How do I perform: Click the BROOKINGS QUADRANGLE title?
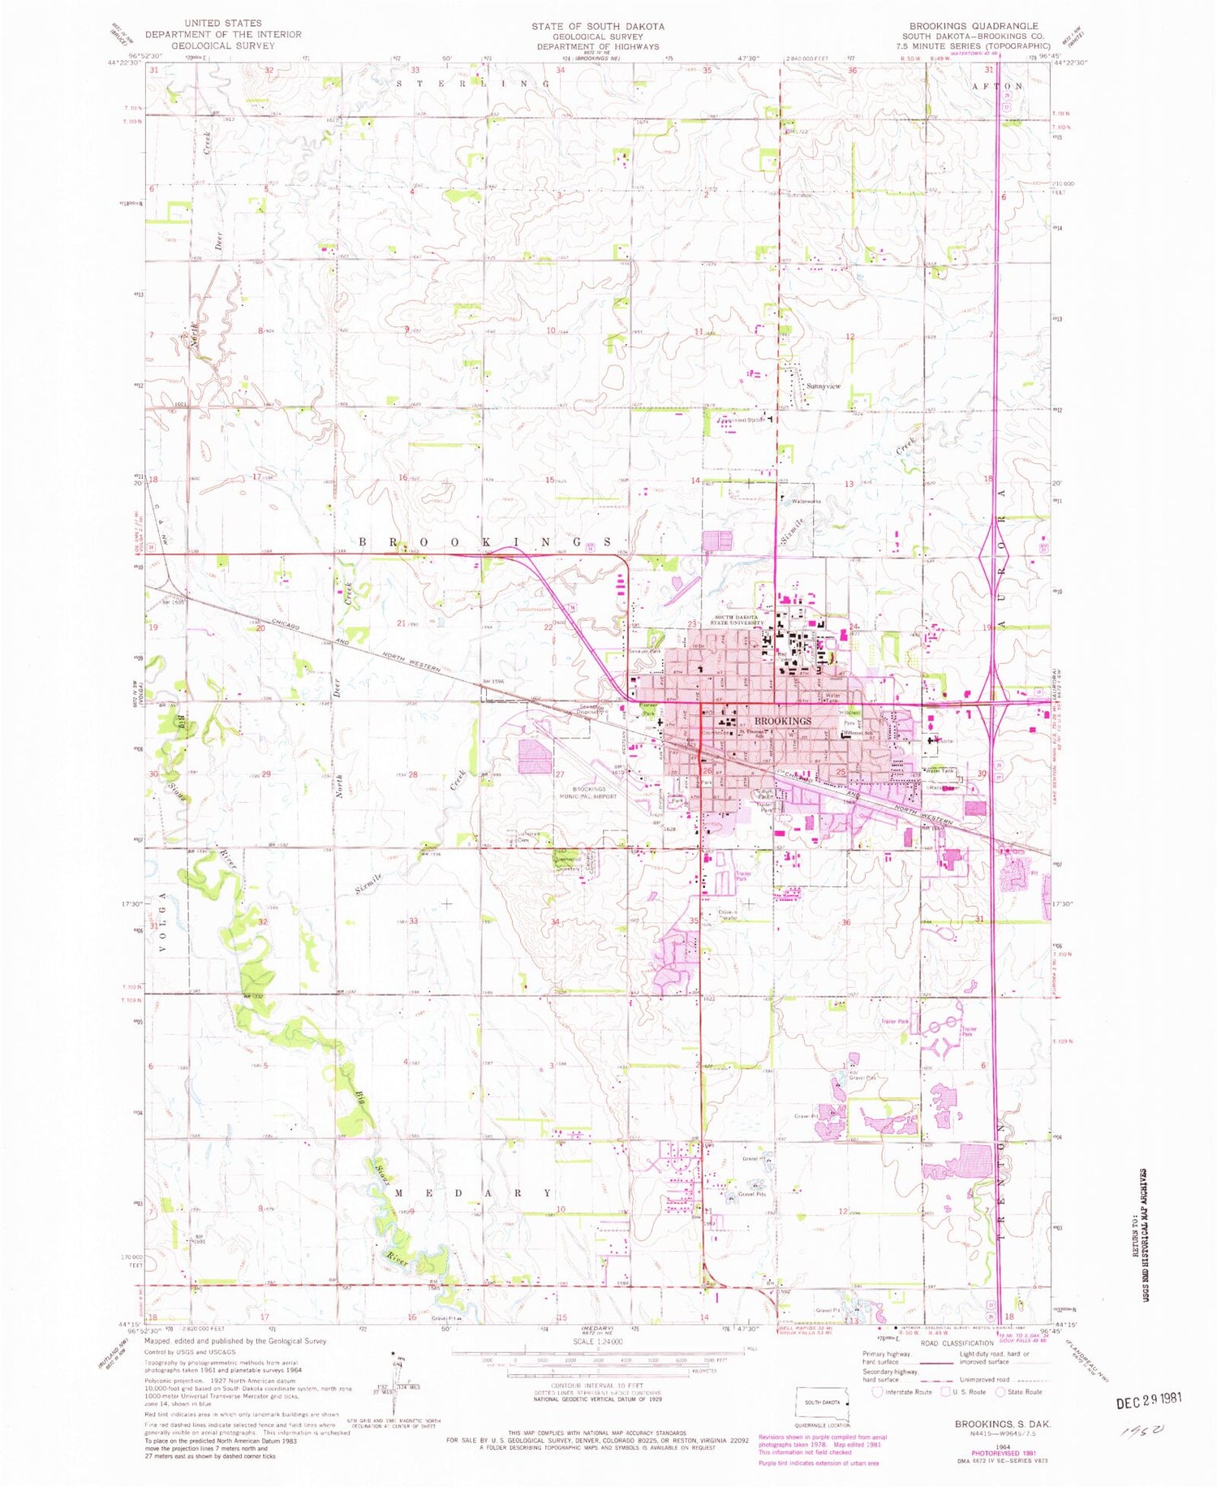pyautogui.click(x=961, y=26)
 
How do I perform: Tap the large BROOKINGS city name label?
pyautogui.click(x=782, y=721)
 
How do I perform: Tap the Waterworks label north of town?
pyautogui.click(x=806, y=502)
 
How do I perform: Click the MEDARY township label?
pyautogui.click(x=473, y=1193)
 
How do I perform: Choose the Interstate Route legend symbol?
pyautogui.click(x=877, y=1392)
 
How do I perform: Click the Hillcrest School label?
pyautogui.click(x=858, y=734)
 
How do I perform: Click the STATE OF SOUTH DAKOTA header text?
pyautogui.click(x=598, y=26)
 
